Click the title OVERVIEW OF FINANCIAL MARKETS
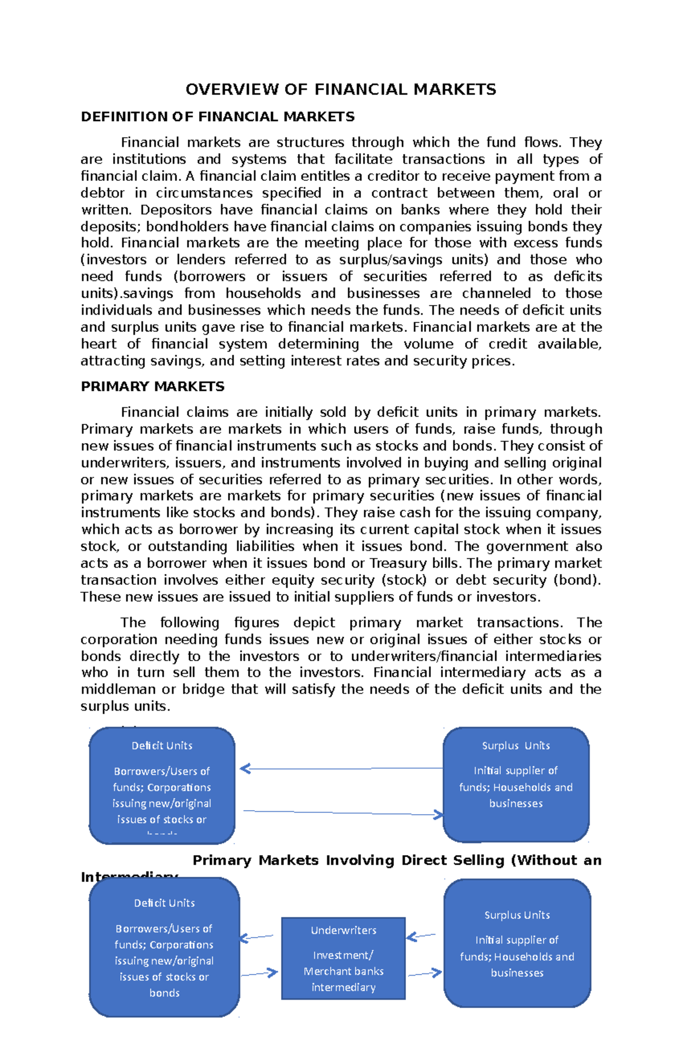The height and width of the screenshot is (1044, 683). [340, 89]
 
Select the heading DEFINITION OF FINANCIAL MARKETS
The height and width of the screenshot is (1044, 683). [217, 117]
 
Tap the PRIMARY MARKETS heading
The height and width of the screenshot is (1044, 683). [153, 386]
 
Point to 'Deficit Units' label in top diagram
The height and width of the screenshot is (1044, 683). [162, 745]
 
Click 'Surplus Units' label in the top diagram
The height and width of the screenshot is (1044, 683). [516, 745]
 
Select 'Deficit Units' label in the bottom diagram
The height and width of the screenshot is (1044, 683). [164, 903]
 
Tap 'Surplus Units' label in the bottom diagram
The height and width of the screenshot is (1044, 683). [517, 915]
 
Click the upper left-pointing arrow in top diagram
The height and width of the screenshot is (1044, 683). [341, 769]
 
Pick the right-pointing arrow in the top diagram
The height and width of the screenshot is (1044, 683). [341, 813]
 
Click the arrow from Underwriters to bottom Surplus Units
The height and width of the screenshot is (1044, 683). [425, 974]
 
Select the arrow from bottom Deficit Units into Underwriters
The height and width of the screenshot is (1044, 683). [260, 974]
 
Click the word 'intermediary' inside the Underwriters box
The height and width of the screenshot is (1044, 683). [343, 988]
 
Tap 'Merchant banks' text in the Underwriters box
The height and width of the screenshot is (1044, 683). [343, 971]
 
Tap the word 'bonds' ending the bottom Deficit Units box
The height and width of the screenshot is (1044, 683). [164, 993]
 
